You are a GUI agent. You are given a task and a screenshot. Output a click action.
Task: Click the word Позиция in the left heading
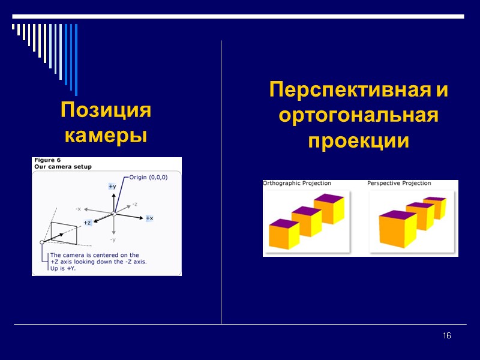pyautogui.click(x=106, y=111)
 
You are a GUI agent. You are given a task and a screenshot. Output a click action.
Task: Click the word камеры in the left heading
pyautogui.click(x=106, y=136)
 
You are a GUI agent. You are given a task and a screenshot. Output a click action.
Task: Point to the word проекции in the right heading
pyautogui.click(x=359, y=142)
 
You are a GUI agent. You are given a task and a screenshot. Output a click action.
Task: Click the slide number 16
pyautogui.click(x=446, y=335)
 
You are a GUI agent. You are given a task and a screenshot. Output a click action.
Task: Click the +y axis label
pyautogui.click(x=112, y=187)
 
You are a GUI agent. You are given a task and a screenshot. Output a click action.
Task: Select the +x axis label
pyautogui.click(x=149, y=218)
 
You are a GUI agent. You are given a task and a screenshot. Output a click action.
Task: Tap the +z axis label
pyautogui.click(x=87, y=223)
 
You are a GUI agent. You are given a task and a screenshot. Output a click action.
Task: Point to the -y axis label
pyautogui.click(x=113, y=239)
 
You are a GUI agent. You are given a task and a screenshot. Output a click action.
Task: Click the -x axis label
pyautogui.click(x=78, y=209)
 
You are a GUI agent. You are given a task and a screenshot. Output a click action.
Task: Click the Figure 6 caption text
pyautogui.click(x=47, y=160)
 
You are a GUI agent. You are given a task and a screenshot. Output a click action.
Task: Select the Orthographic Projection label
pyautogui.click(x=297, y=184)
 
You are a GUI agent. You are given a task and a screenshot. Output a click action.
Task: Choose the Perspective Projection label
pyautogui.click(x=399, y=184)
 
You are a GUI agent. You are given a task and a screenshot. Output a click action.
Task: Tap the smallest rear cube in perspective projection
pyautogui.click(x=434, y=208)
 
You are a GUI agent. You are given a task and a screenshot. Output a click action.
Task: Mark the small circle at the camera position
pyautogui.click(x=42, y=242)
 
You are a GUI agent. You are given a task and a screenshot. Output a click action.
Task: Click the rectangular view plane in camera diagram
pyautogui.click(x=64, y=232)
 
